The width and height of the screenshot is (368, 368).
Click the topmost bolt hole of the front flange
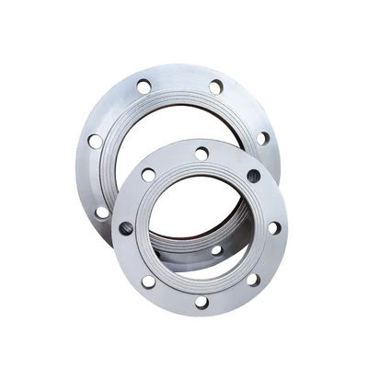[201, 154]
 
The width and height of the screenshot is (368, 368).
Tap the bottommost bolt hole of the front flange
[201, 302]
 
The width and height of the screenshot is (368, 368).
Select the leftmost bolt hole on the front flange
[126, 228]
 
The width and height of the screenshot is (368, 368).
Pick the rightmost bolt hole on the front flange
[274, 227]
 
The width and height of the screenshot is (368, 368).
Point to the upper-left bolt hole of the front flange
[149, 175]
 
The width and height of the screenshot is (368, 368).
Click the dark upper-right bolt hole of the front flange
[254, 176]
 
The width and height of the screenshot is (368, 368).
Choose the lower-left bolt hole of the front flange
[147, 280]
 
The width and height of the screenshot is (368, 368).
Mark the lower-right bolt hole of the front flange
[253, 280]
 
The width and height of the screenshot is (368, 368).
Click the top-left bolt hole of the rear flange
[144, 86]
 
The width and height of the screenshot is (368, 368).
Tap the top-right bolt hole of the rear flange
[215, 87]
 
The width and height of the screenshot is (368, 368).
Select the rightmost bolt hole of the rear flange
[263, 138]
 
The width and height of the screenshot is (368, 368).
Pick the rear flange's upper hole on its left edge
[95, 141]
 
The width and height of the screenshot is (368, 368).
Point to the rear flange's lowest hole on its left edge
[102, 212]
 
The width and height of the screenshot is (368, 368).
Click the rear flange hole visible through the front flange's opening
[217, 249]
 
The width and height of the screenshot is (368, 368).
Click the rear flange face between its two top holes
[180, 78]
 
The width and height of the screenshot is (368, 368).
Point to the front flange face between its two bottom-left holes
[133, 256]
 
